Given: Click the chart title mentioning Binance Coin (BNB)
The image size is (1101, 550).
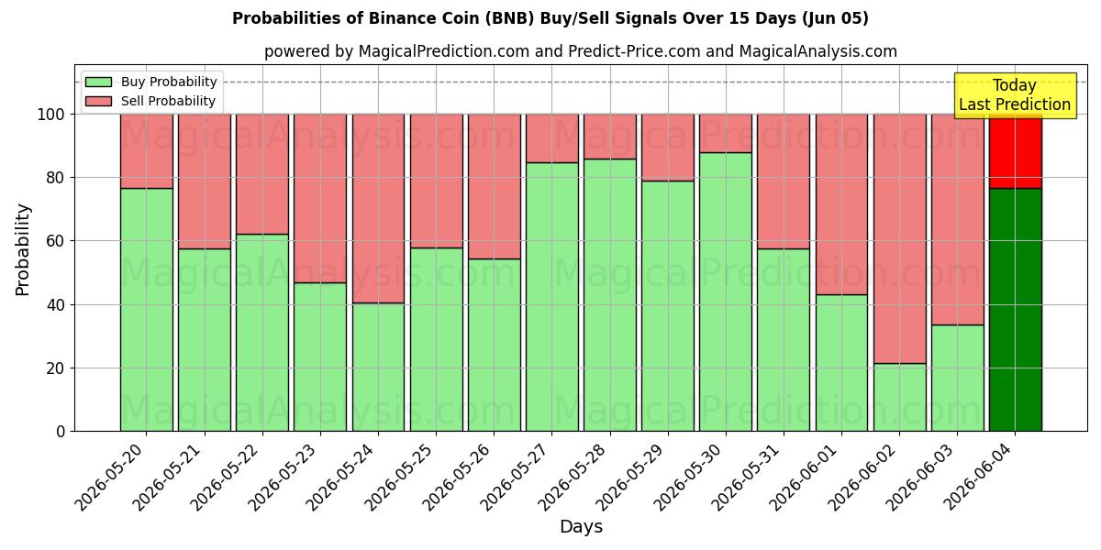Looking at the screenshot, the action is tap(550, 18).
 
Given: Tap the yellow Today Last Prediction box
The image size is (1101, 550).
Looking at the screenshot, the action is tap(1015, 95).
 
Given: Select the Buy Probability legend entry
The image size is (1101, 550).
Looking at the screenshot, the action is tap(150, 82).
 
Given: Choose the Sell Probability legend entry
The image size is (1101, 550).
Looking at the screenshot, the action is tap(150, 101).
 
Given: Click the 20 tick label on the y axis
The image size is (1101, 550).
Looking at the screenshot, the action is tap(55, 368).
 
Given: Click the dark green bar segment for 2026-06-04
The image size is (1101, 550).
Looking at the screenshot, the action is tap(1016, 310).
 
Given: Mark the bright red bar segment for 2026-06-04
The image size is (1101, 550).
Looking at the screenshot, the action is tap(1016, 151).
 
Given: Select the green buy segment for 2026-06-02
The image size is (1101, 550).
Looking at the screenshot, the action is tap(899, 397).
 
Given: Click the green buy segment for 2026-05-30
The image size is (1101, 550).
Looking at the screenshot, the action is tap(726, 291).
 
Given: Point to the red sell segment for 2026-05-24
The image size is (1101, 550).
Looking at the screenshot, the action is tap(378, 209).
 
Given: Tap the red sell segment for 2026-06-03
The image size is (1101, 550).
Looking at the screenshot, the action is tap(958, 219).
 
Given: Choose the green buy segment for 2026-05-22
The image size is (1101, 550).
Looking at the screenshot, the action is tap(262, 333).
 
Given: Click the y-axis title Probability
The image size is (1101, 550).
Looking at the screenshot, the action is tap(23, 249).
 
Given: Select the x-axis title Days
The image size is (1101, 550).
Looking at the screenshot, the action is tap(581, 526).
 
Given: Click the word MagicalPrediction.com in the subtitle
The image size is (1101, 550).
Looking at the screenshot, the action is tap(444, 51).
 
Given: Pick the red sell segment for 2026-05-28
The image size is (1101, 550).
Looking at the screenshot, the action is tap(610, 137).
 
